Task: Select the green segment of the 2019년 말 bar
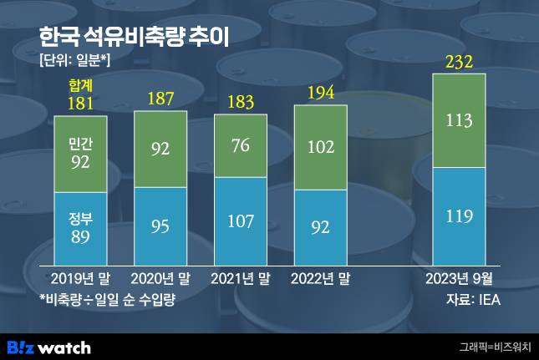(x=80, y=154)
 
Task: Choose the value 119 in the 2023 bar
(x=459, y=216)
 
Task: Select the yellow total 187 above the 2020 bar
(x=160, y=99)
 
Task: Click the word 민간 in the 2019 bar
(x=80, y=145)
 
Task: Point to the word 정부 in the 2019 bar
(x=80, y=221)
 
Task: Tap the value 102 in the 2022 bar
(x=320, y=147)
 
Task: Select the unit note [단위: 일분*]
(x=74, y=60)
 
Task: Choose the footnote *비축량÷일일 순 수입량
(x=109, y=298)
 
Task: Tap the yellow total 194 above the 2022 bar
(x=320, y=93)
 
